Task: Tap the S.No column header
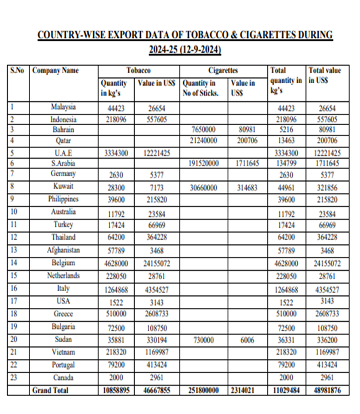17,71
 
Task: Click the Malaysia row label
63,107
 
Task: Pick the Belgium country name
63,263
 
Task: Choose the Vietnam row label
63,352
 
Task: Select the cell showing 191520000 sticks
204,163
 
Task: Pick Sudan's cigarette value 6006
246,339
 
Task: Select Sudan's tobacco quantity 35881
117,339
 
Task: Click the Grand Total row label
50,390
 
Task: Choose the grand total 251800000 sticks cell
203,390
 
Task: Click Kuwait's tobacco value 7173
156,188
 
